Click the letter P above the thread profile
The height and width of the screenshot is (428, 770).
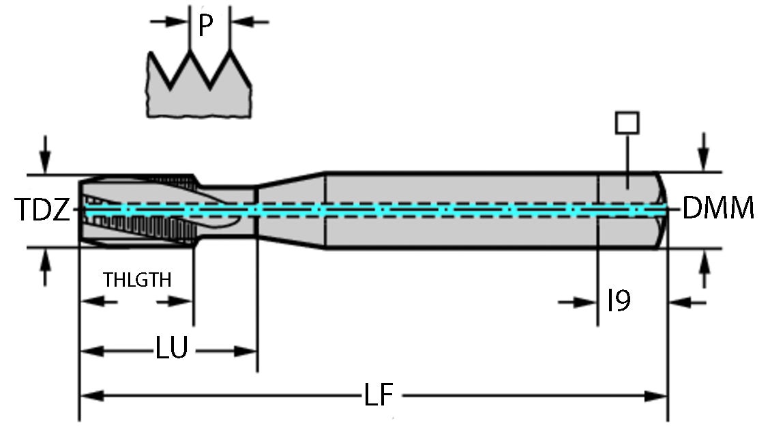pyautogui.click(x=206, y=26)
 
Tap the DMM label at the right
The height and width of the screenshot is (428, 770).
pyautogui.click(x=718, y=208)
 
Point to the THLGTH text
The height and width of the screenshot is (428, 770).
pyautogui.click(x=137, y=280)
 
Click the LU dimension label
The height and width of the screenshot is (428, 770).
pyautogui.click(x=171, y=349)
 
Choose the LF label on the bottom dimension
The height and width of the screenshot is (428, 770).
pyautogui.click(x=381, y=395)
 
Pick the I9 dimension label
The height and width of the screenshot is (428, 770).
pyautogui.click(x=619, y=300)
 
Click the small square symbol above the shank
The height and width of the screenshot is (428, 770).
pyautogui.click(x=627, y=123)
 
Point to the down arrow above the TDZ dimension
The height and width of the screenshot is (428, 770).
pyautogui.click(x=45, y=164)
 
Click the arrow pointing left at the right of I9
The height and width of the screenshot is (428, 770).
pyautogui.click(x=679, y=302)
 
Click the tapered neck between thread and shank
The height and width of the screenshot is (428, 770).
pyautogui.click(x=290, y=210)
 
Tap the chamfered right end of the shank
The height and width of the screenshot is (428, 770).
pyautogui.click(x=662, y=210)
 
